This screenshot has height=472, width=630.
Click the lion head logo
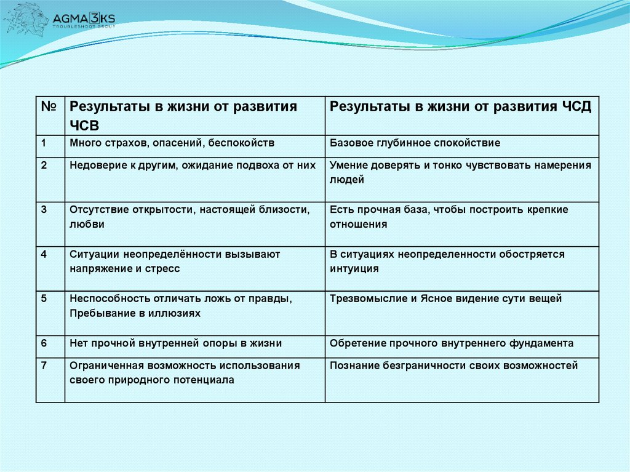coord(25,19)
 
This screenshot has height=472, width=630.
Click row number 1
coord(44,143)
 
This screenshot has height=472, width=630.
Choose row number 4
coord(44,254)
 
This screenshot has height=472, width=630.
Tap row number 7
coord(44,366)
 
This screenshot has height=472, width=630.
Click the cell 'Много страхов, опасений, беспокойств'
coord(172,143)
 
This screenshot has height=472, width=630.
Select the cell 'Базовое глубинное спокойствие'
coord(415,143)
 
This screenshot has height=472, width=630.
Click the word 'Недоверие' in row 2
coord(94,166)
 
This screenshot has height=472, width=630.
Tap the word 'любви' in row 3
coord(87,225)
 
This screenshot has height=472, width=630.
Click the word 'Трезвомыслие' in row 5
coord(364,299)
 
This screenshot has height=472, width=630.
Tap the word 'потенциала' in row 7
coord(204,380)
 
